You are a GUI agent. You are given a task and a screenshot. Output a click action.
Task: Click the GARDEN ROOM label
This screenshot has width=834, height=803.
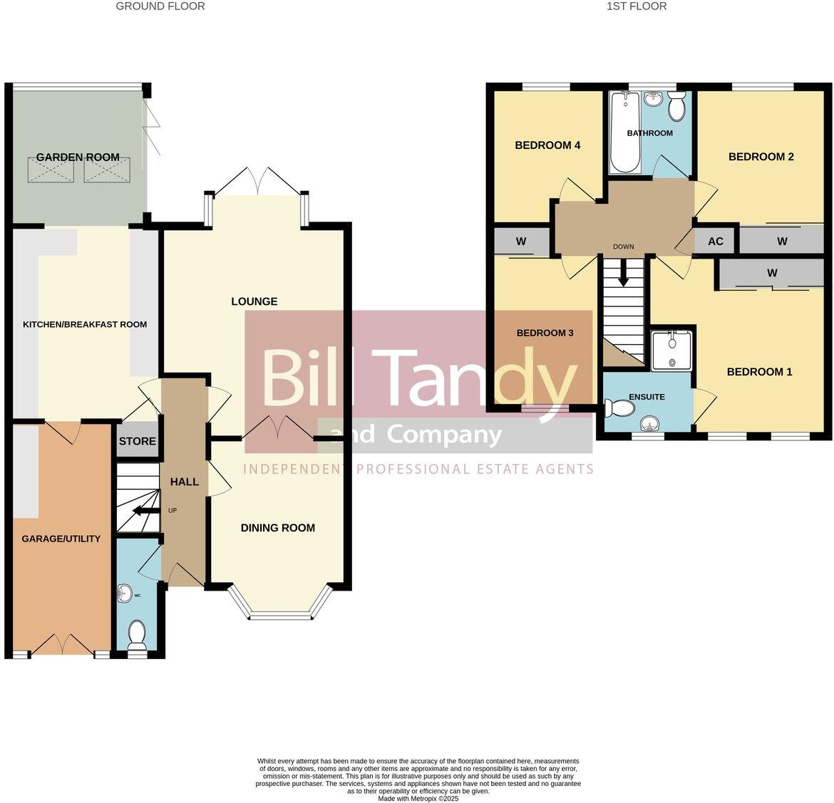[78, 157]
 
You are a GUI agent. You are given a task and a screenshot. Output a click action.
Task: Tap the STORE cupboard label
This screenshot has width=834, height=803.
[138, 441]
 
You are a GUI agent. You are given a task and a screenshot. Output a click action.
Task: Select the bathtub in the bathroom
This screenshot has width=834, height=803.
[625, 132]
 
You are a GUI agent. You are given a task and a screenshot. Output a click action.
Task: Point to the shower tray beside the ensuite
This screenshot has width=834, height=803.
[671, 350]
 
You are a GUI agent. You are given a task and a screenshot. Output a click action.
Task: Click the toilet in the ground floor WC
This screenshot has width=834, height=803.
[138, 634]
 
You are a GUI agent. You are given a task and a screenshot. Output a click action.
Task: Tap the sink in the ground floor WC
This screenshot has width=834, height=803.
[124, 594]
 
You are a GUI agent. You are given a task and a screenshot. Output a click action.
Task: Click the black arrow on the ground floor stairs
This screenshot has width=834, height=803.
[145, 511]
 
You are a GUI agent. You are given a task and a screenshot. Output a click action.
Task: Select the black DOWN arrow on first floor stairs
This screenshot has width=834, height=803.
[623, 272]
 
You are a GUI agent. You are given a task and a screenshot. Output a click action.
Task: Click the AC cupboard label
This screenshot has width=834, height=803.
[716, 242]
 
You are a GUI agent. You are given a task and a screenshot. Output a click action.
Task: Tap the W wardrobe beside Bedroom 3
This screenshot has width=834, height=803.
[521, 242]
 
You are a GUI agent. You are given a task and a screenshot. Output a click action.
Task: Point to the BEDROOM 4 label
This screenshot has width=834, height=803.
[547, 145]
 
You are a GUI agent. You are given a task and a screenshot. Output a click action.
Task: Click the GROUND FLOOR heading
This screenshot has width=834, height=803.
[160, 6]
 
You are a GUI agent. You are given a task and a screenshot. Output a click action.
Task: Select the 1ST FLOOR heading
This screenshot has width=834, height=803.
[636, 6]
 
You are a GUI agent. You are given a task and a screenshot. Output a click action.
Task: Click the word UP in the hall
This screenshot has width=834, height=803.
[173, 511]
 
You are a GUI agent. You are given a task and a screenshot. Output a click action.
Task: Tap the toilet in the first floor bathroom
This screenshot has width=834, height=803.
[676, 106]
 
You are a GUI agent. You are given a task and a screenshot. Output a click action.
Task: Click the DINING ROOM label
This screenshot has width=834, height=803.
[278, 528]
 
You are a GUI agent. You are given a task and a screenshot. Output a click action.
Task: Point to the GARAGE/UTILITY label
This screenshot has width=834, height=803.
[61, 539]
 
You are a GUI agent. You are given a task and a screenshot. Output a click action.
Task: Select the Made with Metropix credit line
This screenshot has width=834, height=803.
[418, 799]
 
